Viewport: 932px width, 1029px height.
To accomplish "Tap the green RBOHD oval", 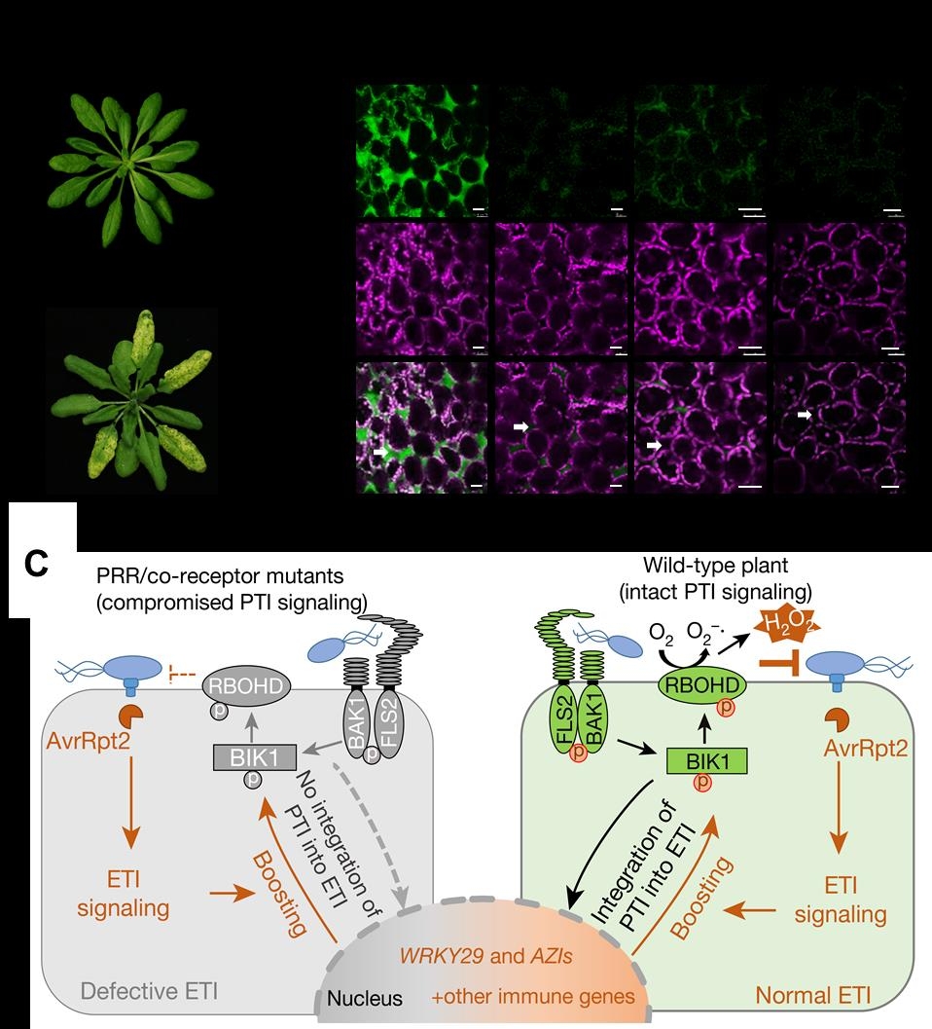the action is (701, 685).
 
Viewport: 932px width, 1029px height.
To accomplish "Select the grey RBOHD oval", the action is (246, 686).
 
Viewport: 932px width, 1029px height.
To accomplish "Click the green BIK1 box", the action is (707, 762).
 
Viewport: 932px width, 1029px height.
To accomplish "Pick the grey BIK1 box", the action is (255, 758).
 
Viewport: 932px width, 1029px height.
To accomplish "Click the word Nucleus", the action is (365, 998).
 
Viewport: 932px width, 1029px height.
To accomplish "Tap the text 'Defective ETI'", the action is (149, 990).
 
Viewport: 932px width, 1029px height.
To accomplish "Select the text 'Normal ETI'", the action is (813, 995).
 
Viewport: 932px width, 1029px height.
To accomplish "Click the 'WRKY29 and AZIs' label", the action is (486, 956).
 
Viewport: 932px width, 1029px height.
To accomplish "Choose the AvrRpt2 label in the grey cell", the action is (88, 741).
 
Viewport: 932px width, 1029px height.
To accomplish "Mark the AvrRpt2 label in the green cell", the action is (866, 748).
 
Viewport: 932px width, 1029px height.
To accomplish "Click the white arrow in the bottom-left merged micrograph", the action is (380, 452).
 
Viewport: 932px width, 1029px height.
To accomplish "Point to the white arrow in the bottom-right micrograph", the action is (805, 415).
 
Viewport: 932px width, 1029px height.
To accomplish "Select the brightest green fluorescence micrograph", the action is (422, 150).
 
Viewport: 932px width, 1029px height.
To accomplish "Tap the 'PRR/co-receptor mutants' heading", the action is (221, 575).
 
